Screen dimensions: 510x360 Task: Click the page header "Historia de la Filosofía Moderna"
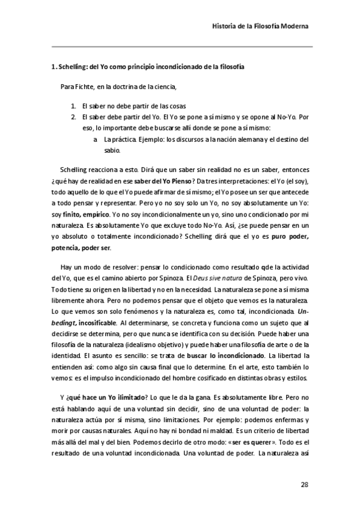click(x=261, y=27)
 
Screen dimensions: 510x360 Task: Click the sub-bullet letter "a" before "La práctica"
click(x=96, y=140)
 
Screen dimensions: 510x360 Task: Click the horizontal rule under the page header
click(x=180, y=46)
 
